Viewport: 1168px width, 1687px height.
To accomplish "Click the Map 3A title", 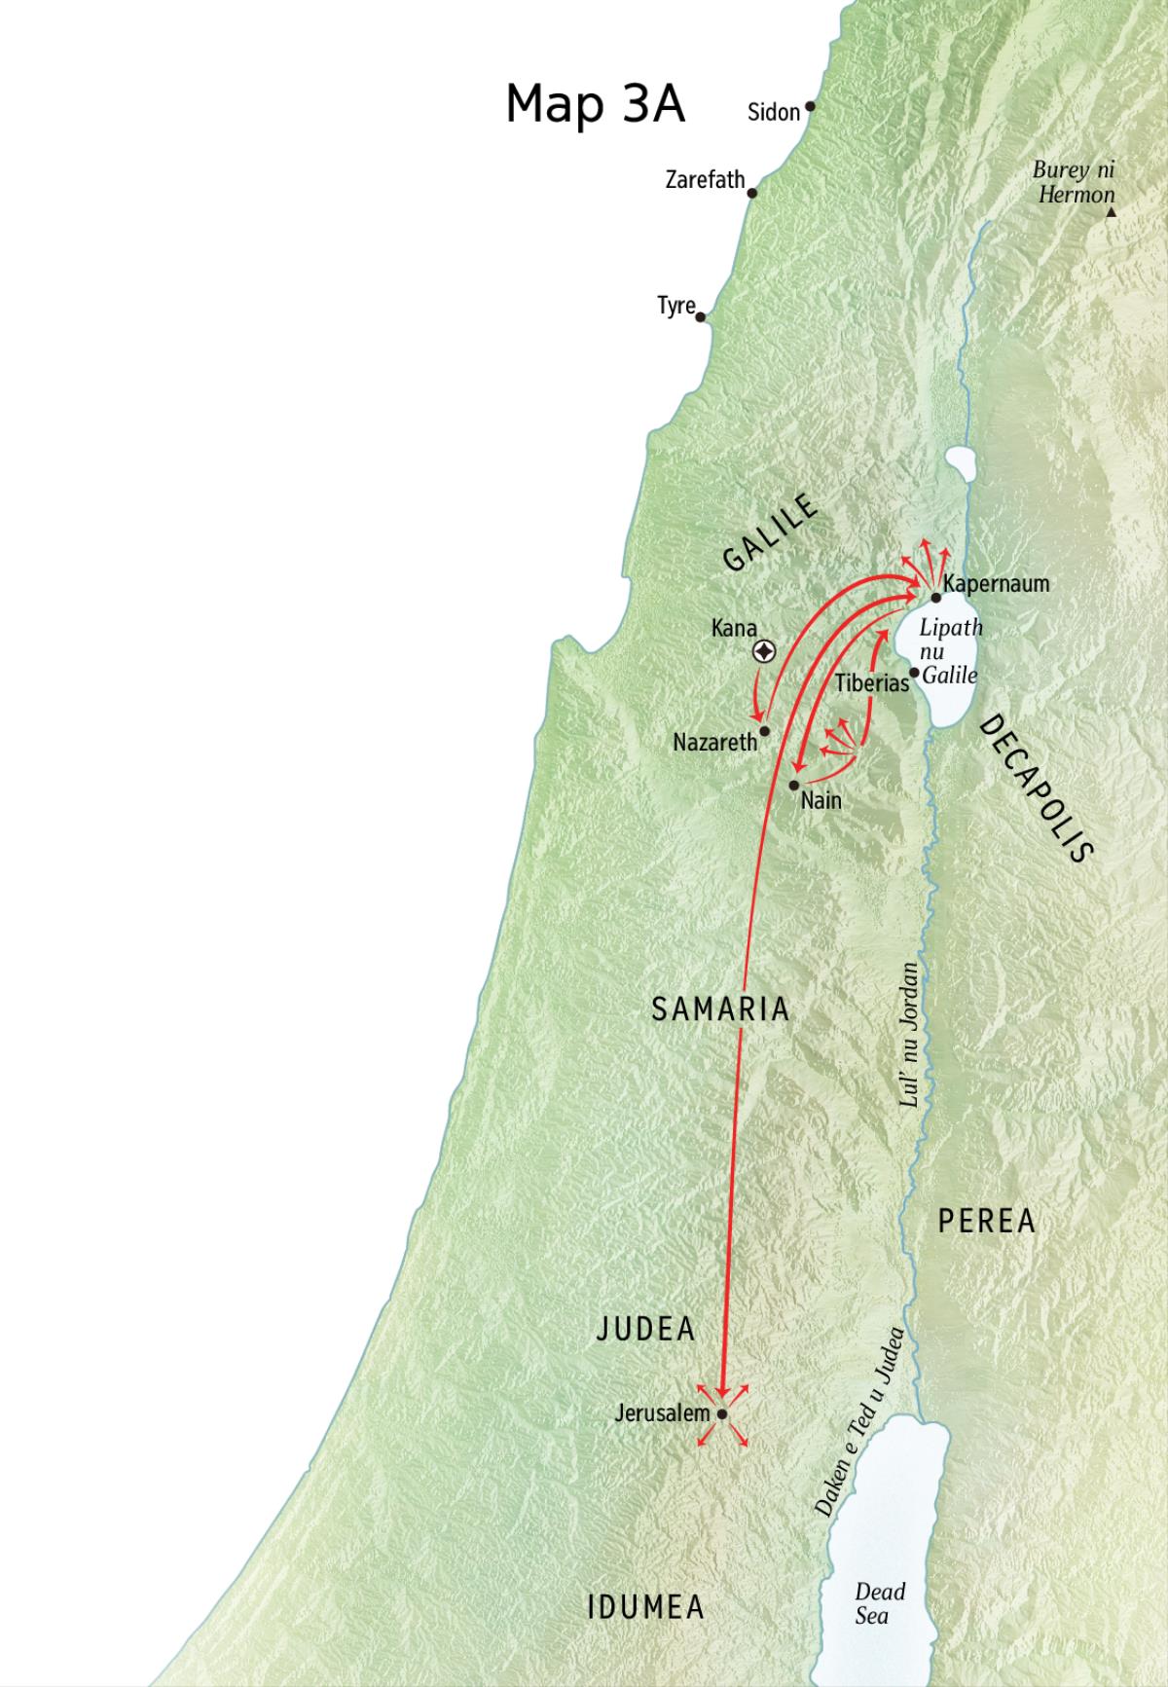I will pyautogui.click(x=595, y=103).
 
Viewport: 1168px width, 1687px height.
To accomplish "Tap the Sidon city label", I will pyautogui.click(x=773, y=112).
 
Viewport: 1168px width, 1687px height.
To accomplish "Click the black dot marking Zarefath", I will pyautogui.click(x=751, y=193).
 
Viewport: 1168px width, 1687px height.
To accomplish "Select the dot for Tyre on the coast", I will pyautogui.click(x=701, y=316).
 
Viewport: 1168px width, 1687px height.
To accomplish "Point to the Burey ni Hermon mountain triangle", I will pyautogui.click(x=1110, y=209).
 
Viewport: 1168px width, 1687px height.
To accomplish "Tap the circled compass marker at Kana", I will pyautogui.click(x=765, y=652).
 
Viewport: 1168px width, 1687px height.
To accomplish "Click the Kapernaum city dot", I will pyautogui.click(x=935, y=597).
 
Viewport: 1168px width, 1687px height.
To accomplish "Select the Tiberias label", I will pyautogui.click(x=870, y=683).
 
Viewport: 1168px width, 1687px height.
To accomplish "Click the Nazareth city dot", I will pyautogui.click(x=765, y=730).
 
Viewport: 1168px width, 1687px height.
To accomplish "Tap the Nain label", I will pyautogui.click(x=821, y=801).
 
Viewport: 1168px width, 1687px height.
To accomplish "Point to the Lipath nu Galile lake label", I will pyautogui.click(x=951, y=650).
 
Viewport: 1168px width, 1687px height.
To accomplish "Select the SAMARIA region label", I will pyautogui.click(x=720, y=1009).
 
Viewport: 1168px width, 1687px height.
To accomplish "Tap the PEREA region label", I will pyautogui.click(x=986, y=1221).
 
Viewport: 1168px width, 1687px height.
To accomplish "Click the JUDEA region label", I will pyautogui.click(x=645, y=1329).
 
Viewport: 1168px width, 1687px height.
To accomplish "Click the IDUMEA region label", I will pyautogui.click(x=645, y=1607).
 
